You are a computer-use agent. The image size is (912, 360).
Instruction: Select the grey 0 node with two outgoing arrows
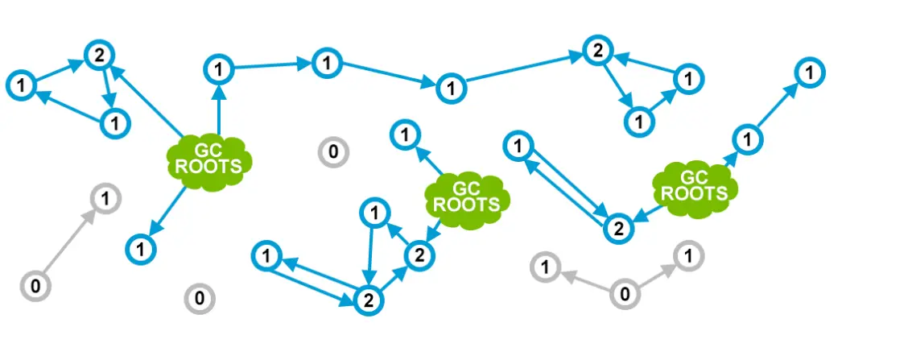[x=624, y=295]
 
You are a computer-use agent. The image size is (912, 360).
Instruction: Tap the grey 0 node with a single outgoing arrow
[x=35, y=285]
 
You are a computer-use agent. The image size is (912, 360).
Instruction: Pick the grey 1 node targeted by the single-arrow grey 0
[x=105, y=197]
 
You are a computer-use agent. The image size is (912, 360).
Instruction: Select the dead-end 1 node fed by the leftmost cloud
[x=141, y=250]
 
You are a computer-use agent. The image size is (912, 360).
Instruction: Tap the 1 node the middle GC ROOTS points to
[x=404, y=134]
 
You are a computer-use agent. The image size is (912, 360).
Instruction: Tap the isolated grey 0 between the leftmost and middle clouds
[x=332, y=151]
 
